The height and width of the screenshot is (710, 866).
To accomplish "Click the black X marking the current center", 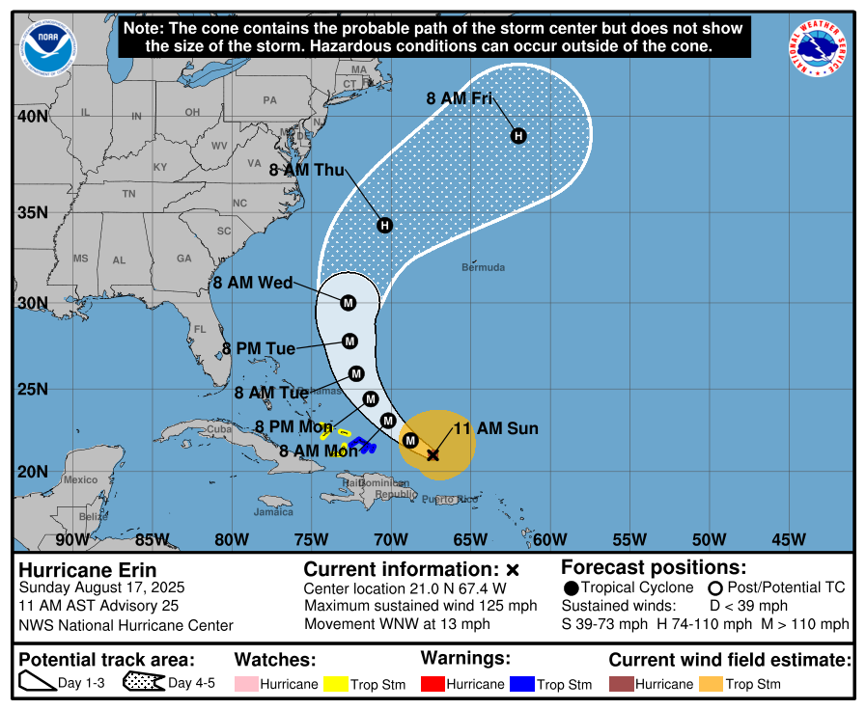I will click(x=433, y=454).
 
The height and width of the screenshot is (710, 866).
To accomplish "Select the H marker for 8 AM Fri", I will click(x=518, y=136).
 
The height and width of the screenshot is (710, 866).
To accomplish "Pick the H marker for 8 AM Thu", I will click(x=384, y=226).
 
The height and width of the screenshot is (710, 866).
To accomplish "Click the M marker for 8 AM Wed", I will click(x=349, y=303).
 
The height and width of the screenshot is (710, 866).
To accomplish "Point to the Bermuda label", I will click(x=483, y=267).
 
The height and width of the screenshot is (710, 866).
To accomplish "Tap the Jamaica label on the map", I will click(x=274, y=512).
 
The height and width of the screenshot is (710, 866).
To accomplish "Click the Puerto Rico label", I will click(x=450, y=499).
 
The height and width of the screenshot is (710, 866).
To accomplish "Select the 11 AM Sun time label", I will click(x=495, y=428).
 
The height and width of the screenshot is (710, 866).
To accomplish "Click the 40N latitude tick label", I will click(x=33, y=117).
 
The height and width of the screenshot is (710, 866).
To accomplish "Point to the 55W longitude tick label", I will click(x=629, y=539).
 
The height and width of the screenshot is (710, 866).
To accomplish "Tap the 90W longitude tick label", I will click(x=72, y=539).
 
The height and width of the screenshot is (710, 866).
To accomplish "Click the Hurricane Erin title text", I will click(x=88, y=570).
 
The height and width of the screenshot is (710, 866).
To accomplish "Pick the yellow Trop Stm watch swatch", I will click(x=336, y=684).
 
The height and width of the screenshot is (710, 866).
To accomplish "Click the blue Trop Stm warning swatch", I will click(x=522, y=684).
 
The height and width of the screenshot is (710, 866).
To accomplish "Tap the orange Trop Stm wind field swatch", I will click(x=711, y=684).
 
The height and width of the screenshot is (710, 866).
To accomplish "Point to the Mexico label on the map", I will click(x=80, y=479).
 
